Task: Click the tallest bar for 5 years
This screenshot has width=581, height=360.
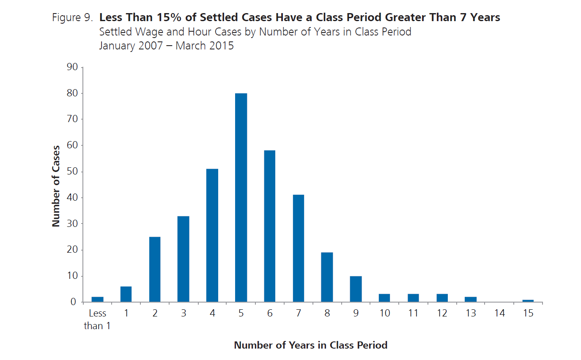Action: pyautogui.click(x=241, y=197)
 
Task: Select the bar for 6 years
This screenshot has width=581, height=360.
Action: pyautogui.click(x=270, y=226)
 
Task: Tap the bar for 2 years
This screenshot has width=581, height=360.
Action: pyautogui.click(x=155, y=269)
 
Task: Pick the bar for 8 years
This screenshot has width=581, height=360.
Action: pyautogui.click(x=327, y=277)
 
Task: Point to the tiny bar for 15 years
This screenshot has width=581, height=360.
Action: pyautogui.click(x=528, y=301)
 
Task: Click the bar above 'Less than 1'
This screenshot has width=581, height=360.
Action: pyautogui.click(x=98, y=299)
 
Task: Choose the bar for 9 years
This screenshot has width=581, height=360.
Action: pyautogui.click(x=356, y=289)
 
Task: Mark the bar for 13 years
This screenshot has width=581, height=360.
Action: pyautogui.click(x=471, y=299)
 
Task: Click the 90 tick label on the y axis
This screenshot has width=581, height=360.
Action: pyautogui.click(x=72, y=67)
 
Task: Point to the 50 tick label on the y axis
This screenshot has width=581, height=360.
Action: pyautogui.click(x=72, y=171)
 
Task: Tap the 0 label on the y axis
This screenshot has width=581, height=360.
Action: pyautogui.click(x=73, y=302)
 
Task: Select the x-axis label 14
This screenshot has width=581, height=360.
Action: pyautogui.click(x=499, y=313)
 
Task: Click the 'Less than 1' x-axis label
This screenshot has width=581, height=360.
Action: pyautogui.click(x=97, y=319)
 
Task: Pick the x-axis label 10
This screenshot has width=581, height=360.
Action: pyautogui.click(x=385, y=313)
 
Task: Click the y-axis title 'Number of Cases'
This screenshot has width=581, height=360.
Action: pyautogui.click(x=56, y=186)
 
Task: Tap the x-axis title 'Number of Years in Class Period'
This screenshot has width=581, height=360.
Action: pyautogui.click(x=311, y=345)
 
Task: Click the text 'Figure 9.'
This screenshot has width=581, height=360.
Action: pyautogui.click(x=72, y=18)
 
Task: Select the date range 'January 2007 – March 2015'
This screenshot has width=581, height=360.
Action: pyautogui.click(x=166, y=46)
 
